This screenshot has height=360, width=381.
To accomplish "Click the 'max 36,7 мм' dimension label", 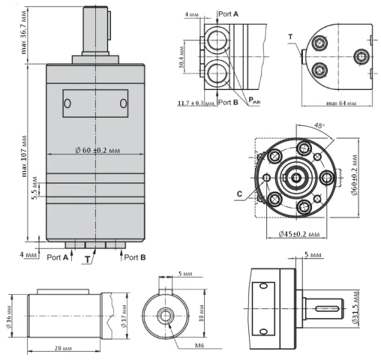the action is coord(24,32).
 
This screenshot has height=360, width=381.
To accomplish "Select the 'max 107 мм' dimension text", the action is coord(24,156).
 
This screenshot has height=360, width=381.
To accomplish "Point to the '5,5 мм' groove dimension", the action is coord(34,188).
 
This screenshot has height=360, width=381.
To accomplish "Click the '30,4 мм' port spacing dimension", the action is coord(181,57).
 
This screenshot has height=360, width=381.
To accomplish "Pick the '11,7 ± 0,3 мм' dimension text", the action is coord(196,103).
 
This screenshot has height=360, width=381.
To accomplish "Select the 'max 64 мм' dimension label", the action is coord(341,103).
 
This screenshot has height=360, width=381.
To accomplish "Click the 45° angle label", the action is coord(319,125).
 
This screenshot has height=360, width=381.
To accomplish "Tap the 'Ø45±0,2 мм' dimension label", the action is coord(299,234).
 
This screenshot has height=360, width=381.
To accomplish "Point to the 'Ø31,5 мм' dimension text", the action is coord(355,308).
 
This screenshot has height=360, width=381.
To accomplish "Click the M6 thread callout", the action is coord(199,345).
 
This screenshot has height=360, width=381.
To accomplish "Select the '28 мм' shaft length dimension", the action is coord(63,348).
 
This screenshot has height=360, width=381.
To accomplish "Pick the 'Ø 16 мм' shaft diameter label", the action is coord(9,316).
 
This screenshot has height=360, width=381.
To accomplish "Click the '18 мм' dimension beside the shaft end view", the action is coord(201,316).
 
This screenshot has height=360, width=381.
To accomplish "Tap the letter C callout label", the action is coord(239,194).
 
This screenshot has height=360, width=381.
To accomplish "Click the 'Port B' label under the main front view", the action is coord(135,257).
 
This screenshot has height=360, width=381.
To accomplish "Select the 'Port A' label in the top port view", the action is coord(228,14).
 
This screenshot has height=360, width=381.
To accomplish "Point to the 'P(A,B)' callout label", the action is coord(254,100).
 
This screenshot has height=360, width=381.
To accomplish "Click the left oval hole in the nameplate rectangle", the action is coord(67,103).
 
